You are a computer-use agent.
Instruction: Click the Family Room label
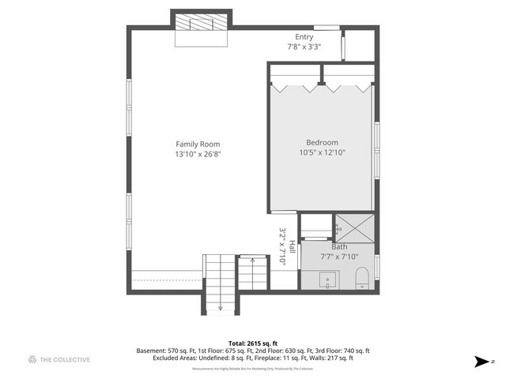coord(198,144)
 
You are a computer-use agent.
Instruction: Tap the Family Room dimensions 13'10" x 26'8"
coord(198,154)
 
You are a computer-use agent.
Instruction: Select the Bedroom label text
coord(322,142)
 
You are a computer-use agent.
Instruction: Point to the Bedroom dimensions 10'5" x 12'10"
coord(322,152)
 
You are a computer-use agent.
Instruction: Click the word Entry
coord(304,37)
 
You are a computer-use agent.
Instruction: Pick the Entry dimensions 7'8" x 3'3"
coord(304,47)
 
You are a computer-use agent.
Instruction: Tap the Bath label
coord(339,246)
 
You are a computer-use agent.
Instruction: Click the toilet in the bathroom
coord(362,279)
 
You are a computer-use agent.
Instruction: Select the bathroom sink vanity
coord(327,279)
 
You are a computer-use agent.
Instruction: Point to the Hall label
coord(292,246)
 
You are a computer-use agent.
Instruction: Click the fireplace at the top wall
coord(202,24)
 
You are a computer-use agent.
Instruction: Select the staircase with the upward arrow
coord(254,272)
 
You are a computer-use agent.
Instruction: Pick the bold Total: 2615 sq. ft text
coord(252,343)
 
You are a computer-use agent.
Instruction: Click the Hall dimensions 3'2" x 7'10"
coord(282,246)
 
